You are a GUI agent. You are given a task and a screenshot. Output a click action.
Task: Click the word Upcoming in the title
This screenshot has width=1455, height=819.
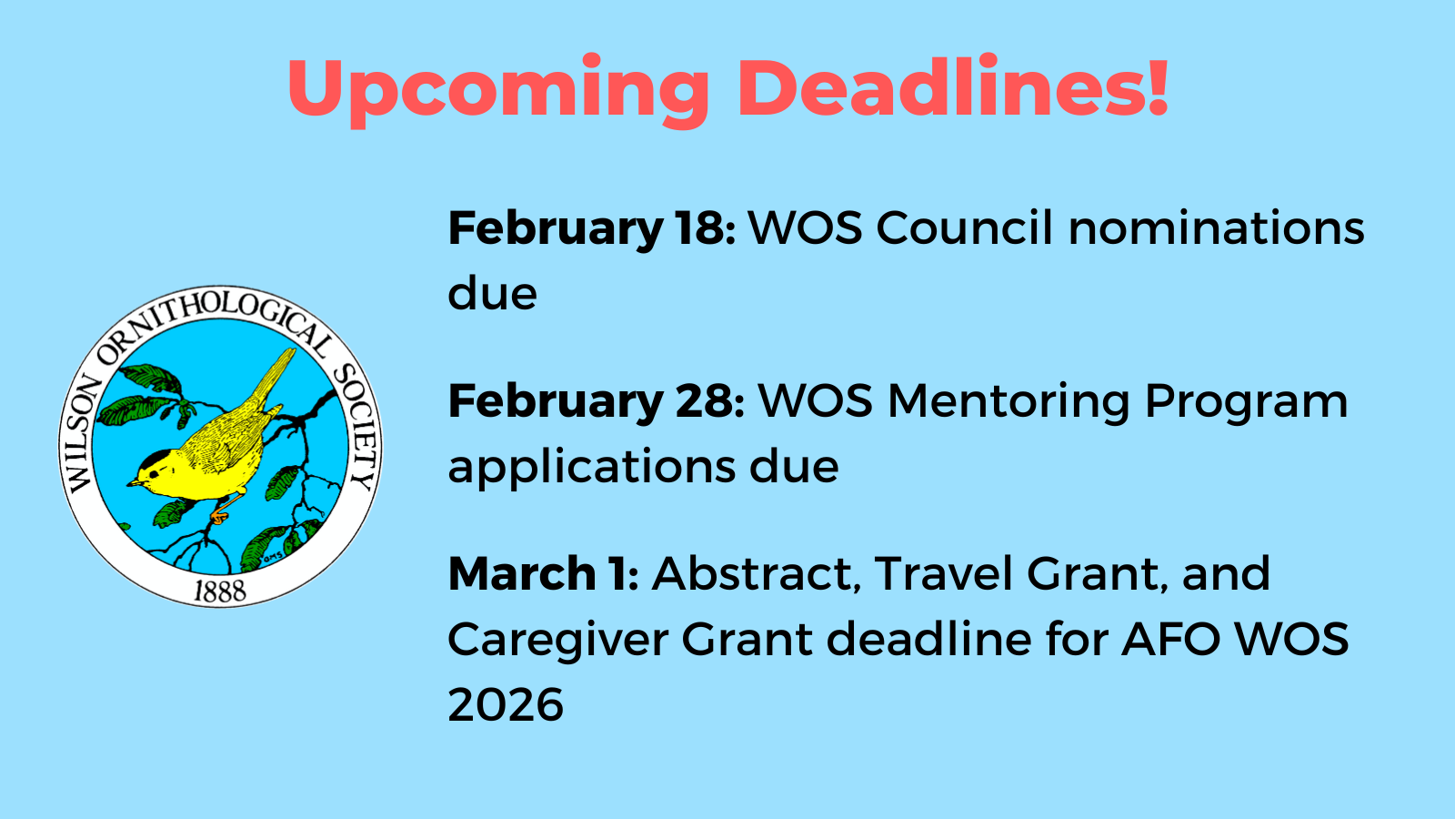[x=498, y=90]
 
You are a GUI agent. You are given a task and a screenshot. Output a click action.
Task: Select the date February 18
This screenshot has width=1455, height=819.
[x=592, y=228]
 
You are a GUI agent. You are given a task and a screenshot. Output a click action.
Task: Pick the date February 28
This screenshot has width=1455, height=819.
[x=597, y=401]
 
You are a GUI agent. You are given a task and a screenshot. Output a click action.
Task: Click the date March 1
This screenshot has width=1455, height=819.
[x=544, y=574]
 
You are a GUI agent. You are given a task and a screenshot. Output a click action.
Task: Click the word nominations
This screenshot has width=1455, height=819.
[x=1216, y=227]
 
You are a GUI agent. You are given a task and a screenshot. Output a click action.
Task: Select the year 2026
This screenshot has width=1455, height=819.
[x=506, y=705]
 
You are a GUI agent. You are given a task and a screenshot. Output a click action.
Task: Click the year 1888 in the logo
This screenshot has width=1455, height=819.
[x=220, y=591]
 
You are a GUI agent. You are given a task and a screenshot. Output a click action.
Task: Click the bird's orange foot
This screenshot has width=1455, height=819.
[x=219, y=517]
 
